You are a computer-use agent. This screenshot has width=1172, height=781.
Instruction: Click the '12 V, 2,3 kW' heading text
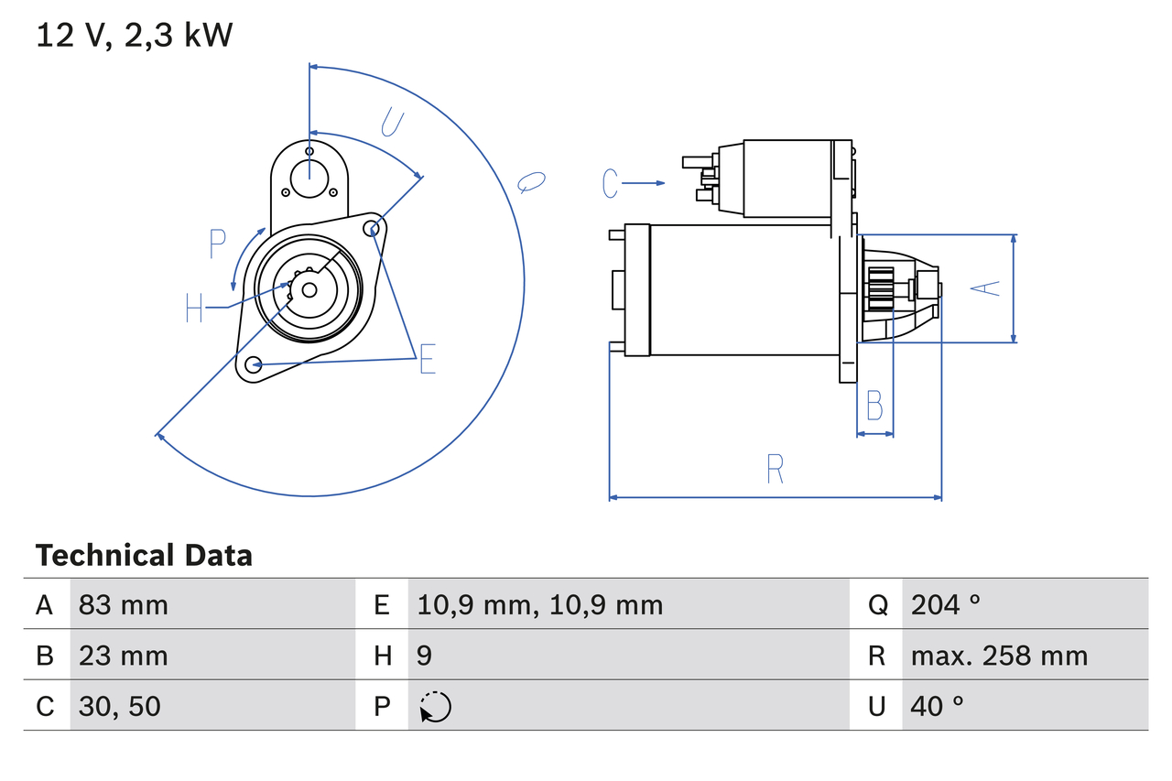[134, 36]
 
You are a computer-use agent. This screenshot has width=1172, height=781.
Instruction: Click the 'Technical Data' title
[143, 555]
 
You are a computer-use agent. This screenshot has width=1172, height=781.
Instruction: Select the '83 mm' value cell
[123, 604]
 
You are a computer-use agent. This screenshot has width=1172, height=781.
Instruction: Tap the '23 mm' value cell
[123, 656]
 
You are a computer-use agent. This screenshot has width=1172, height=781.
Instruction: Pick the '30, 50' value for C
[119, 706]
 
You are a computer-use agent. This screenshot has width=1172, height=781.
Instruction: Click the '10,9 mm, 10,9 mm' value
[539, 604]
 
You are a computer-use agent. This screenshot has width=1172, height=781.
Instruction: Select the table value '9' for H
[424, 656]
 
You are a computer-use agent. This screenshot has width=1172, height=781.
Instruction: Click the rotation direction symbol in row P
[436, 707]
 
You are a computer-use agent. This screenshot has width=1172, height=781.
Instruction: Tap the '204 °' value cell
[945, 604]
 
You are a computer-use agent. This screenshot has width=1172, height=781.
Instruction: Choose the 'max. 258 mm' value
[999, 656]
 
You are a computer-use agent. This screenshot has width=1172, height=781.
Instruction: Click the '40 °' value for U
[938, 706]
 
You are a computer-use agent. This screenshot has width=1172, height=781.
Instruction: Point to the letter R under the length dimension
[775, 469]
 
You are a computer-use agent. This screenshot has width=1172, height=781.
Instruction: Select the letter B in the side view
[874, 405]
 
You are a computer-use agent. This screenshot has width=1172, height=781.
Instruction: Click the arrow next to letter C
[646, 183]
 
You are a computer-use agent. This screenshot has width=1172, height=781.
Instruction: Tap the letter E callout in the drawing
[427, 361]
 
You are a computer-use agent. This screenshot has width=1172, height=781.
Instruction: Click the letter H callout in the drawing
[194, 308]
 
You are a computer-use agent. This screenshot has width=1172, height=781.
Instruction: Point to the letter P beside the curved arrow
[217, 244]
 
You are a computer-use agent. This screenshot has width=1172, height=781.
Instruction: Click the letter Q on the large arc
[531, 182]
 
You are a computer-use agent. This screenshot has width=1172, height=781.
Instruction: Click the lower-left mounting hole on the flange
[254, 364]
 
